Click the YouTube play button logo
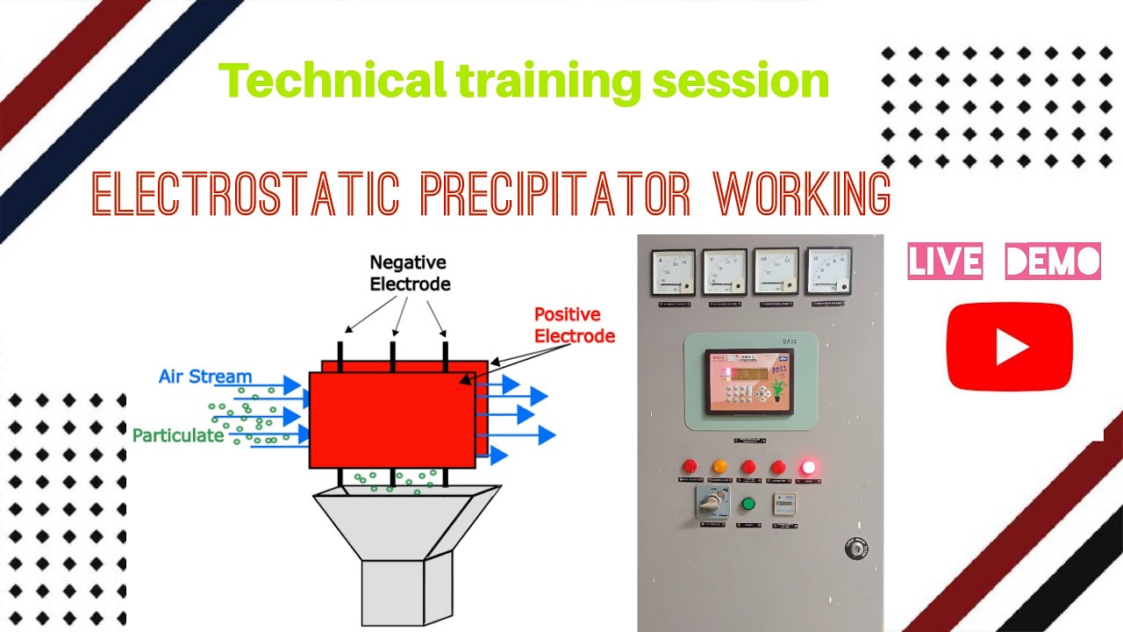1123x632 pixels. click(x=1010, y=347)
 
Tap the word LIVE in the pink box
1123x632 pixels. click(x=946, y=262)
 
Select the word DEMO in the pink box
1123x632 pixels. click(x=1053, y=262)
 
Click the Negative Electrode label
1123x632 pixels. click(x=410, y=273)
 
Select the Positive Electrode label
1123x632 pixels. click(x=575, y=325)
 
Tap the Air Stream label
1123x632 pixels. click(x=205, y=377)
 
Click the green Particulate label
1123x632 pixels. click(x=178, y=434)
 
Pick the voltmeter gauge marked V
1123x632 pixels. click(x=725, y=271)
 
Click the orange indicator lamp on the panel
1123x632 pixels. click(x=719, y=467)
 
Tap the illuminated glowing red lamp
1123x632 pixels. click(x=806, y=467)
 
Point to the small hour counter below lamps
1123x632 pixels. click(x=783, y=503)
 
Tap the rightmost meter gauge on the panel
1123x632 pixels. click(x=829, y=270)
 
